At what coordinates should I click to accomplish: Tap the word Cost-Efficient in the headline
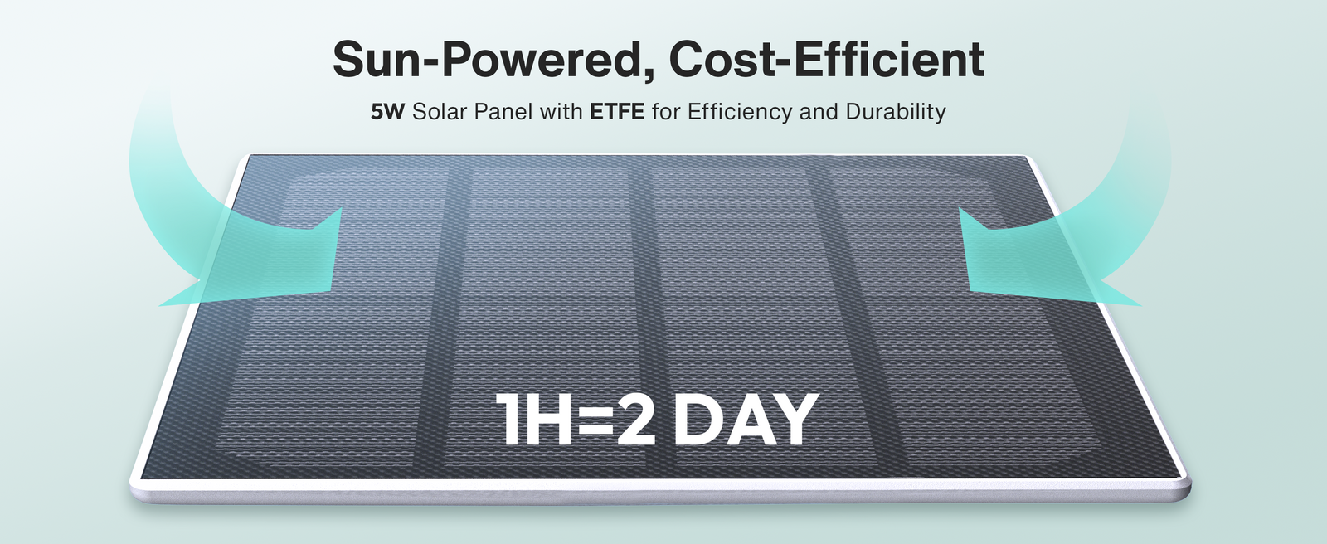[x=826, y=59]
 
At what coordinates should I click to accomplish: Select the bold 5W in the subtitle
[x=387, y=111]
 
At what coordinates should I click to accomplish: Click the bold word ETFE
[x=617, y=111]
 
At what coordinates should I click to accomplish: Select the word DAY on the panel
[x=746, y=419]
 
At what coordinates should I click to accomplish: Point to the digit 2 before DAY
[x=635, y=419]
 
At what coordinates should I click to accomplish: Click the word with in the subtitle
[x=561, y=111]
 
